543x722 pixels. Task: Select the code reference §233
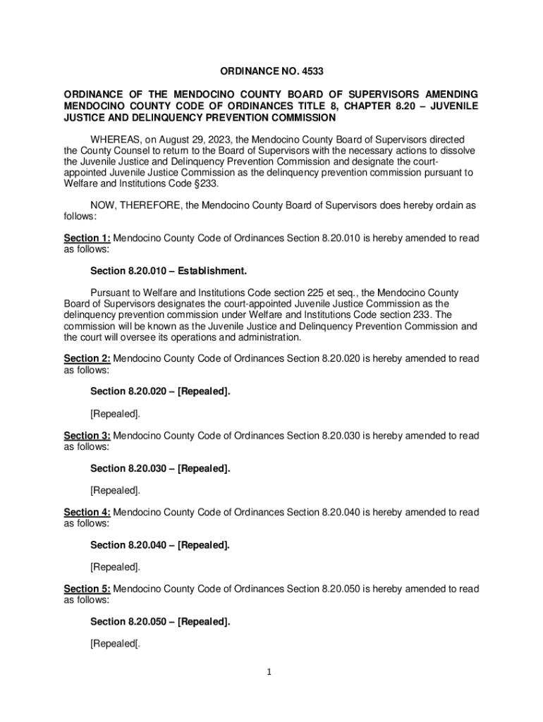209,184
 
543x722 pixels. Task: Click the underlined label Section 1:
87,238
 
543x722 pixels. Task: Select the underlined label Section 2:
87,359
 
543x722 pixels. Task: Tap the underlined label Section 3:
87,436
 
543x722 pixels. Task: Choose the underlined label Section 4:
87,512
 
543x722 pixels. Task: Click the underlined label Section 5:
87,589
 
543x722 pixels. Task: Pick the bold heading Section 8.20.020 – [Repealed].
160,391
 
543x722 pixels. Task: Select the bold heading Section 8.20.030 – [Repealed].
160,468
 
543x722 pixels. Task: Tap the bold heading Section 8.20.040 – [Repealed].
160,545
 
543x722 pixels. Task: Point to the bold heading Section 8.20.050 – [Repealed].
160,621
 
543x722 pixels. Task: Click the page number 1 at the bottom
269,672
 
